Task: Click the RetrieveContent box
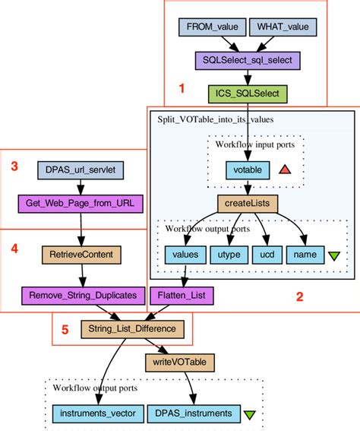80,253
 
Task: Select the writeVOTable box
178,362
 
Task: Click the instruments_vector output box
95,414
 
